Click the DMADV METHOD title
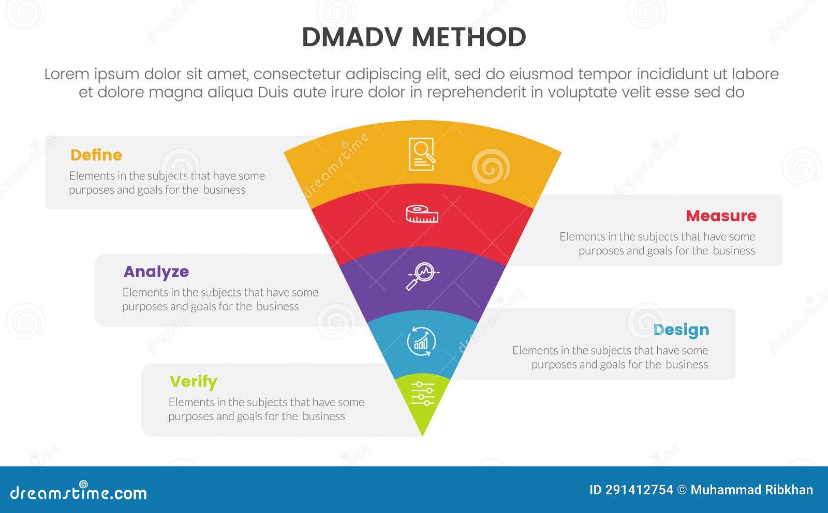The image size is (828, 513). pyautogui.click(x=414, y=37)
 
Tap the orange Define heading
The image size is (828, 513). pyautogui.click(x=96, y=155)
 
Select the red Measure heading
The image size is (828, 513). pyautogui.click(x=721, y=216)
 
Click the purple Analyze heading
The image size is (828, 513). pyautogui.click(x=156, y=272)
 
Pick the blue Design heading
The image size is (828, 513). pyautogui.click(x=681, y=330)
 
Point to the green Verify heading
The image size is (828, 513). pyautogui.click(x=194, y=381)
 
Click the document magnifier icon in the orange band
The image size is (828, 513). pyautogui.click(x=422, y=154)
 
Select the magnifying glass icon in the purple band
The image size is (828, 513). pyautogui.click(x=422, y=276)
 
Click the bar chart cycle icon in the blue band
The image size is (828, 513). pyautogui.click(x=421, y=341)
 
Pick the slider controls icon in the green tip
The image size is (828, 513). pyautogui.click(x=422, y=393)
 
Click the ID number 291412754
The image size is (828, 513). pyautogui.click(x=639, y=490)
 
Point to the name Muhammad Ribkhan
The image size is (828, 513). pyautogui.click(x=751, y=490)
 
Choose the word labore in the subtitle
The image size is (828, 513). pyautogui.click(x=755, y=74)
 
